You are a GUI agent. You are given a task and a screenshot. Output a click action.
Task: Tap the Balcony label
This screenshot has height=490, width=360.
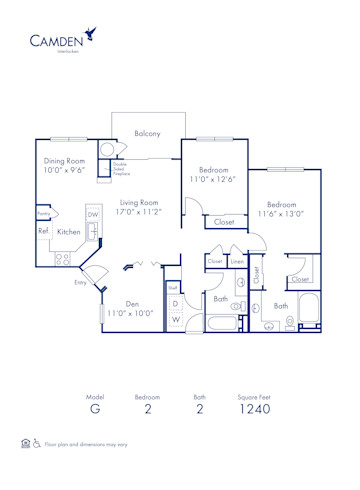[x=148, y=133]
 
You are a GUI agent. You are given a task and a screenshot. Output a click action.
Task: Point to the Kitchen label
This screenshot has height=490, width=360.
[x=69, y=232]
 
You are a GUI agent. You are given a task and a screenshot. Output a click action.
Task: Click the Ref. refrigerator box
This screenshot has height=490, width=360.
[x=44, y=231]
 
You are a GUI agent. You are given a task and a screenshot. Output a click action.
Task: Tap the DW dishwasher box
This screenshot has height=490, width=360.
[x=93, y=214]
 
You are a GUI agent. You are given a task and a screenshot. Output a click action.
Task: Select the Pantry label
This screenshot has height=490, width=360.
[x=44, y=214]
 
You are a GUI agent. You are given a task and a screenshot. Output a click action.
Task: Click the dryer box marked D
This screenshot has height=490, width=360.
[x=175, y=303]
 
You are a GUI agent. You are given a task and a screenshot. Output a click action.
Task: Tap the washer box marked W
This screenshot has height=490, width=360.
[x=175, y=320]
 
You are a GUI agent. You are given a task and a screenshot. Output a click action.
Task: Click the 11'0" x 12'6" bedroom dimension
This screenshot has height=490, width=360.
[x=216, y=180]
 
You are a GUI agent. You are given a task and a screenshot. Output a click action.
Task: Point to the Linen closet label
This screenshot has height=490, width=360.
[x=237, y=262]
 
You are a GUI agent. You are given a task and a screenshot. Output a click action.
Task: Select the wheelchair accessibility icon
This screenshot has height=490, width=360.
[x=37, y=442]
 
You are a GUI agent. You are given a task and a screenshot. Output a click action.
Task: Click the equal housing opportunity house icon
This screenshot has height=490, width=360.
[x=25, y=442]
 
